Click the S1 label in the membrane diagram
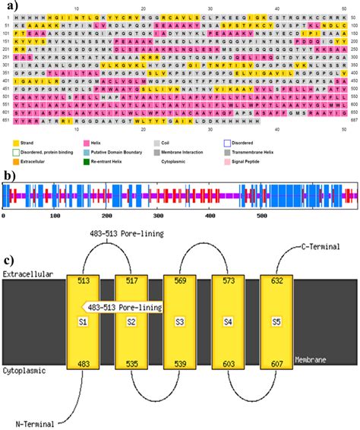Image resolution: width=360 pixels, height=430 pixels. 84,324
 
